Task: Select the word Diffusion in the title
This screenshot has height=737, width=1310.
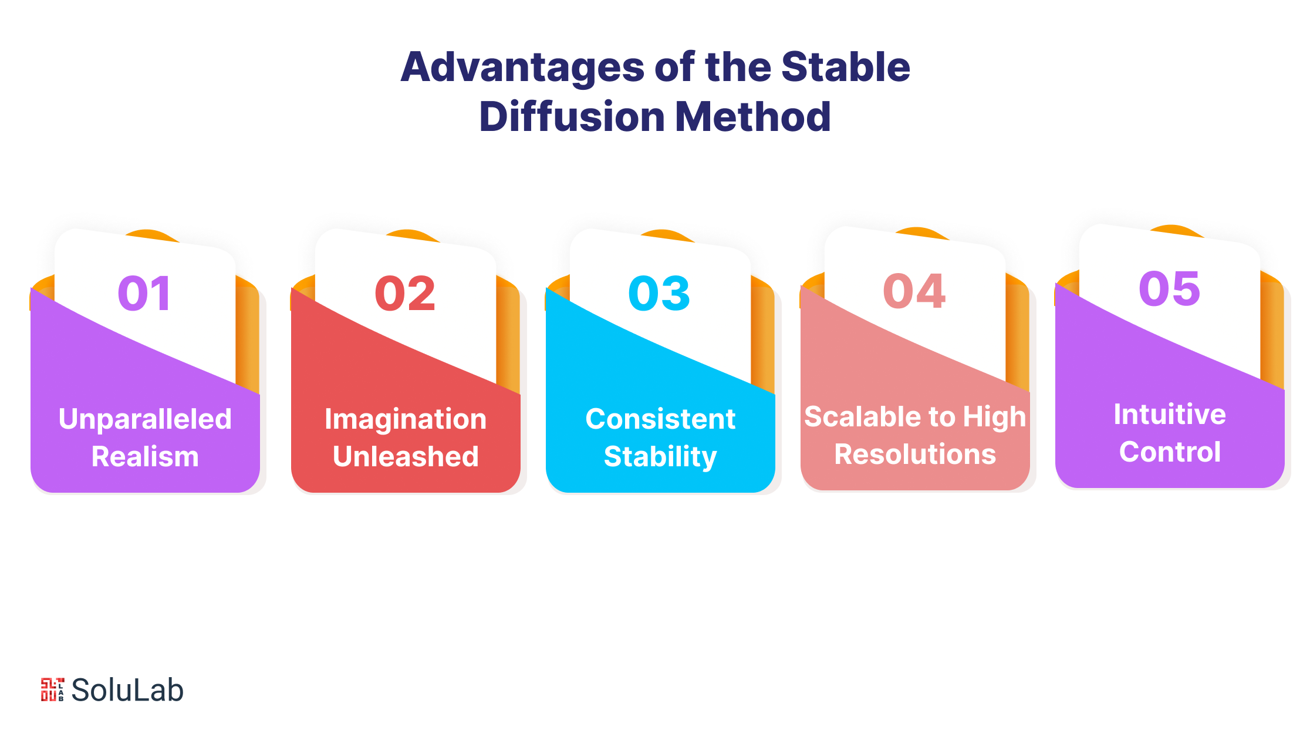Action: pyautogui.click(x=572, y=116)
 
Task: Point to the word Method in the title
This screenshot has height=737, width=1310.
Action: pyautogui.click(x=753, y=116)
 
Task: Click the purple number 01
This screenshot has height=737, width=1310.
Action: pyautogui.click(x=144, y=293)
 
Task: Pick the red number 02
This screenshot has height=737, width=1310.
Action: pyautogui.click(x=405, y=293)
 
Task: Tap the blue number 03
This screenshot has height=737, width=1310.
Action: pyautogui.click(x=659, y=293)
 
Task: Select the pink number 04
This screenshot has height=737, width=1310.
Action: pyautogui.click(x=914, y=291)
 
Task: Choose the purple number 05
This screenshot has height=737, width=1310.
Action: pyautogui.click(x=1169, y=288)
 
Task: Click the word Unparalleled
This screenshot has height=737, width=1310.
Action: pyautogui.click(x=145, y=419)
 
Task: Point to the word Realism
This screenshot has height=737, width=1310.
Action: pyautogui.click(x=145, y=456)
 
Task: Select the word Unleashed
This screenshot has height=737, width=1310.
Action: pyautogui.click(x=406, y=456)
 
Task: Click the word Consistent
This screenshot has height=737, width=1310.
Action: pyautogui.click(x=660, y=419)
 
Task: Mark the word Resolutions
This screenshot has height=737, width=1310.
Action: pyautogui.click(x=915, y=454)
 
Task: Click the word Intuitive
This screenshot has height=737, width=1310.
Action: pyautogui.click(x=1170, y=414)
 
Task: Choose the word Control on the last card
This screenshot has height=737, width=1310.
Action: pyautogui.click(x=1170, y=452)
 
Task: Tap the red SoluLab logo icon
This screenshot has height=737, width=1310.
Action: pyautogui.click(x=52, y=689)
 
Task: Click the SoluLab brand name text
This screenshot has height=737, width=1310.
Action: pyautogui.click(x=127, y=690)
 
